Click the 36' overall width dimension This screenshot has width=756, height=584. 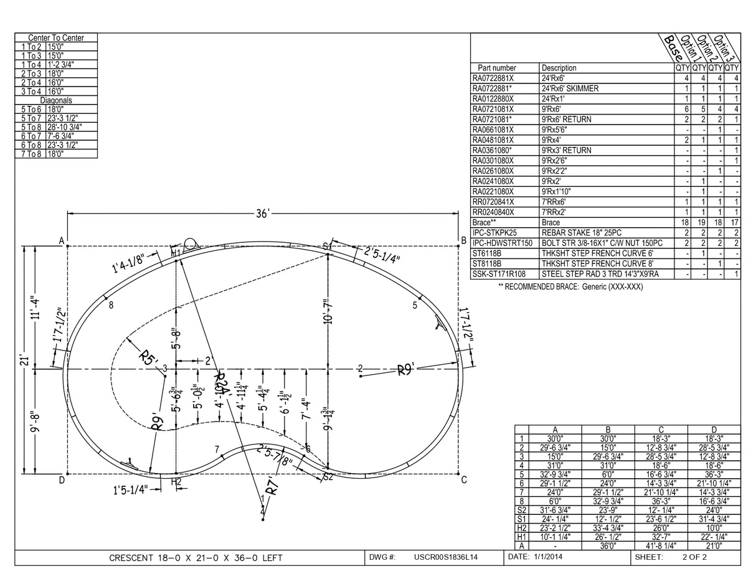coord(263,214)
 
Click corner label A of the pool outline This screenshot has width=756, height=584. coord(62,240)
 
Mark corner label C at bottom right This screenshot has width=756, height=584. coord(464,479)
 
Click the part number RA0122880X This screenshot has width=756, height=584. coord(493,98)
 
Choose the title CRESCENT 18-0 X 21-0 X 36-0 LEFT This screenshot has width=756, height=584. coord(196,558)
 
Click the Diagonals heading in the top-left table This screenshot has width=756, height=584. coord(56,100)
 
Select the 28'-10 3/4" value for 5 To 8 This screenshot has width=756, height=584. coord(64,127)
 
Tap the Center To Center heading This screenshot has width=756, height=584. coord(56,38)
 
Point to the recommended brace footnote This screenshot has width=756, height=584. coord(570,286)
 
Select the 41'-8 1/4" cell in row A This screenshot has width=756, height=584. coord(661,545)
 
